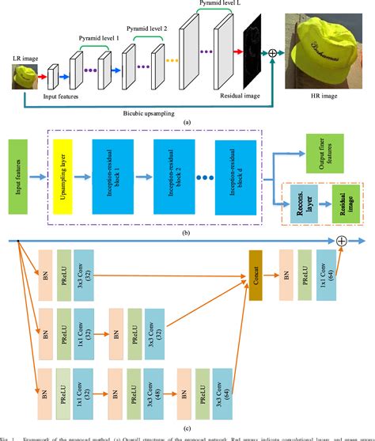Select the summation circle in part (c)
(x=342, y=240)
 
